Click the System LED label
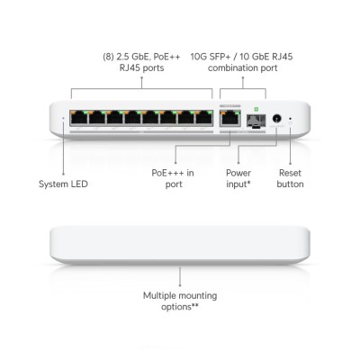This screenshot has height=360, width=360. tap(63, 184)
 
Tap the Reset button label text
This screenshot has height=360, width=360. tap(290, 178)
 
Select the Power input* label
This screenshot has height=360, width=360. tap(238, 178)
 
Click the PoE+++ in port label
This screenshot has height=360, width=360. tap(173, 178)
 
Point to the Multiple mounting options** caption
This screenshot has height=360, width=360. tap(180, 301)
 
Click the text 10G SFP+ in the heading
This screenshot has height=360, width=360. tap(211, 57)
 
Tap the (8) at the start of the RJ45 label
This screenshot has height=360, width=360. tap(108, 57)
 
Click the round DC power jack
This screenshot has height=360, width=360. tap(277, 119)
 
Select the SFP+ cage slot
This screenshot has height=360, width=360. tap(256, 121)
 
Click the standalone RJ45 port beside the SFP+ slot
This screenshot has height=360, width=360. tap(230, 119)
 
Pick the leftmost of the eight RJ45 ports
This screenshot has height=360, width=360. tap(78, 118)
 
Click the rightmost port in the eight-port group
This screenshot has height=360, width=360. tap(204, 118)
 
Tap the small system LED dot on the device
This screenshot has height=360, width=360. tap(63, 118)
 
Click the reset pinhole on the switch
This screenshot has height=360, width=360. tap(290, 119)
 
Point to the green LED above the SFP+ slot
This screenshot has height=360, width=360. tap(256, 109)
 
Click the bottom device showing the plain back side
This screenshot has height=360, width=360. tap(180, 246)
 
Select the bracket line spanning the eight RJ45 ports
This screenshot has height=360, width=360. tap(141, 88)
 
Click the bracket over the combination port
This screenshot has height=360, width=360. tap(243, 88)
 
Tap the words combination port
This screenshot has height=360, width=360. tap(242, 67)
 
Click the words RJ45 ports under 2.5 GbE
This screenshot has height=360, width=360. tap(141, 67)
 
